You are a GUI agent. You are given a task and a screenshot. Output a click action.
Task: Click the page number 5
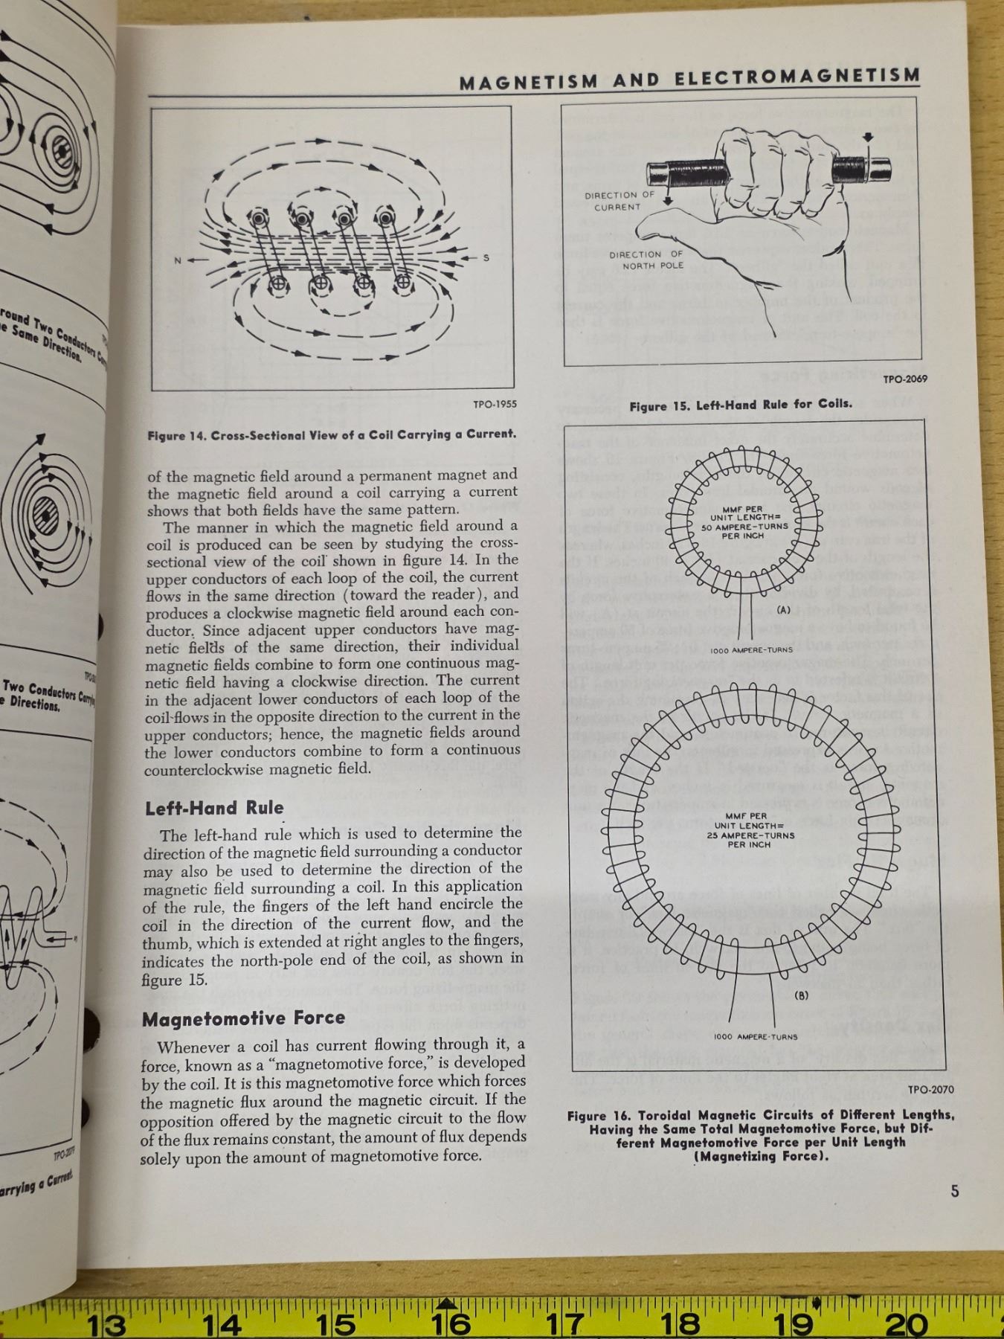[955, 1191]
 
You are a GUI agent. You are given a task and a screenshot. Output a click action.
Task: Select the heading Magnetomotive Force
[244, 1018]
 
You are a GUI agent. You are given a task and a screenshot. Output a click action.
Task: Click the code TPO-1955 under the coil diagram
[495, 405]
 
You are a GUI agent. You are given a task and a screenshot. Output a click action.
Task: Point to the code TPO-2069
[904, 379]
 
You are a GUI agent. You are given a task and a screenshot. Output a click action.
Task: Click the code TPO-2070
[930, 1090]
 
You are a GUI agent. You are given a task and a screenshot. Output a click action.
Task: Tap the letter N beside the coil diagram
[178, 260]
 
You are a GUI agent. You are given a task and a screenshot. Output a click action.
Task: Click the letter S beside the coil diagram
[486, 258]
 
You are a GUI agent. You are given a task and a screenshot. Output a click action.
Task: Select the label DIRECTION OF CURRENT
[619, 201]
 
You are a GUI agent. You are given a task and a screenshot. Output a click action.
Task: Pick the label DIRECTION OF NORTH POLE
[646, 260]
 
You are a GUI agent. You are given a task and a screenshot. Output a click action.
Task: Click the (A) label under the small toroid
[782, 610]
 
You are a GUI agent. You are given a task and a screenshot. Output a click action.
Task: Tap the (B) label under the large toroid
[802, 995]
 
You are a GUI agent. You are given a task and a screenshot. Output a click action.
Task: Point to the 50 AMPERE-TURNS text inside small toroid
[745, 527]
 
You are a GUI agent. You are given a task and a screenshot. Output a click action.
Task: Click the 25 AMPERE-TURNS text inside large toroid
[750, 835]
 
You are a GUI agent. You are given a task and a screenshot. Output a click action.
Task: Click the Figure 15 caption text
[740, 405]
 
